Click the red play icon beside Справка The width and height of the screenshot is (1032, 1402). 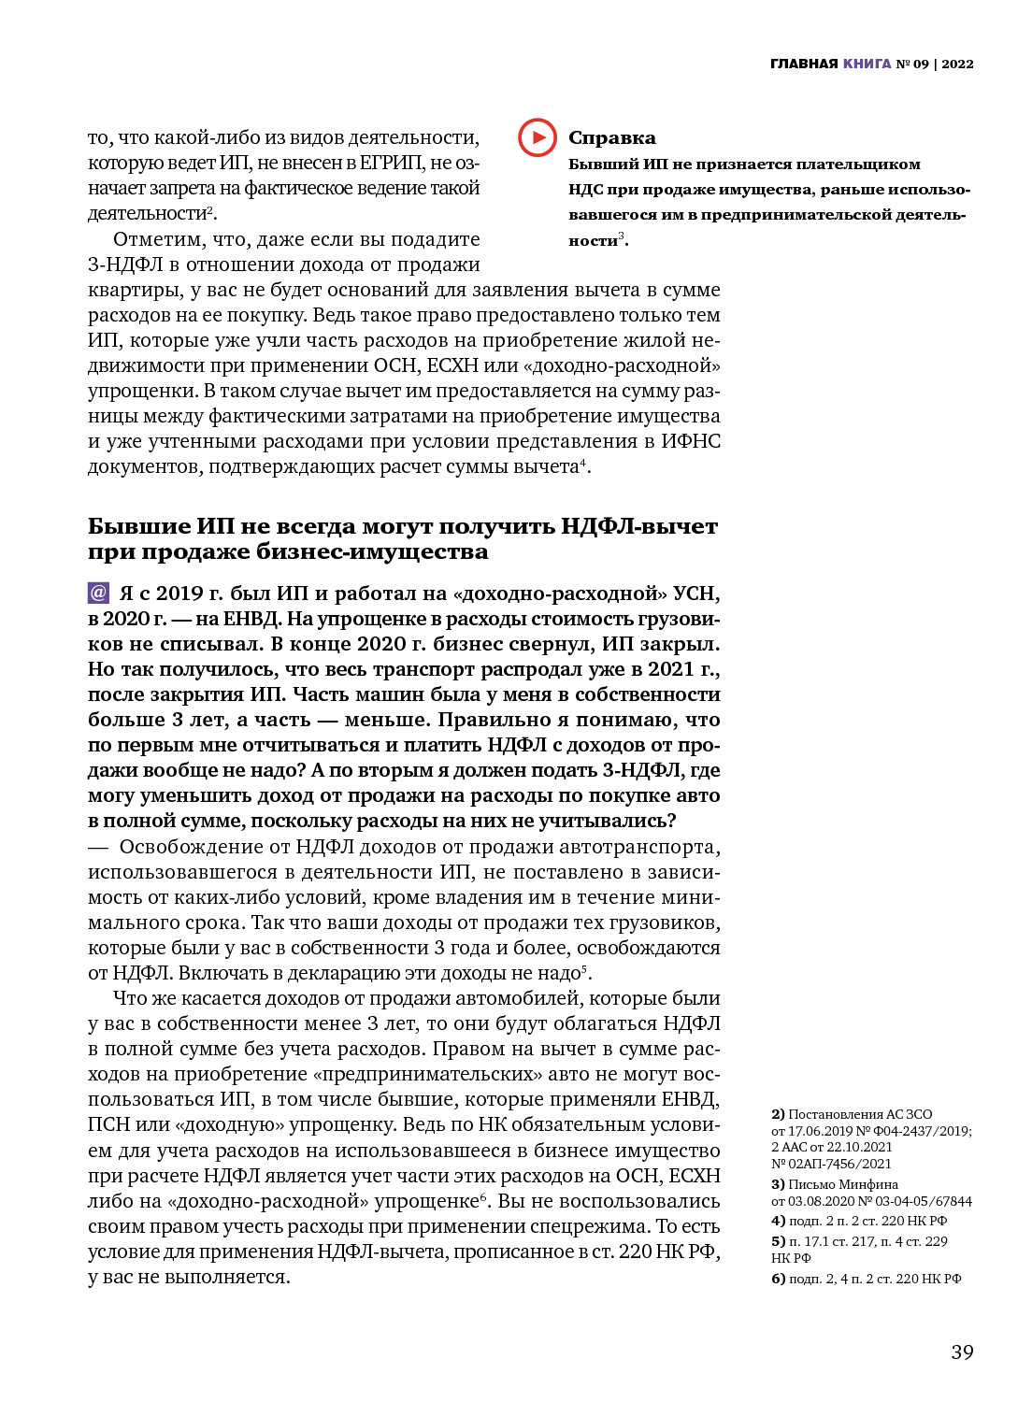[537, 137]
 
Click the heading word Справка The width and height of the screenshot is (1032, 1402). [611, 138]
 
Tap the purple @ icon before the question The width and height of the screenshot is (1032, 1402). [98, 593]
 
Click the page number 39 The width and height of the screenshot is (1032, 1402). [962, 1352]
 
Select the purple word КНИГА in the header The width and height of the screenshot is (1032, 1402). [867, 64]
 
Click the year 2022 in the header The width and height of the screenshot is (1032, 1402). [957, 64]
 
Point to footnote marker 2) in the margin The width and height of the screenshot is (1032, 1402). [778, 1114]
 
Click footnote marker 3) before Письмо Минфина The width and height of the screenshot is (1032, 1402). [778, 1184]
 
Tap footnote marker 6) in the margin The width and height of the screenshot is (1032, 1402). [778, 1279]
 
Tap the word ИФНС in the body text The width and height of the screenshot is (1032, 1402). [691, 441]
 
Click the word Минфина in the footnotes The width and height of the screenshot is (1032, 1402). [870, 1184]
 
